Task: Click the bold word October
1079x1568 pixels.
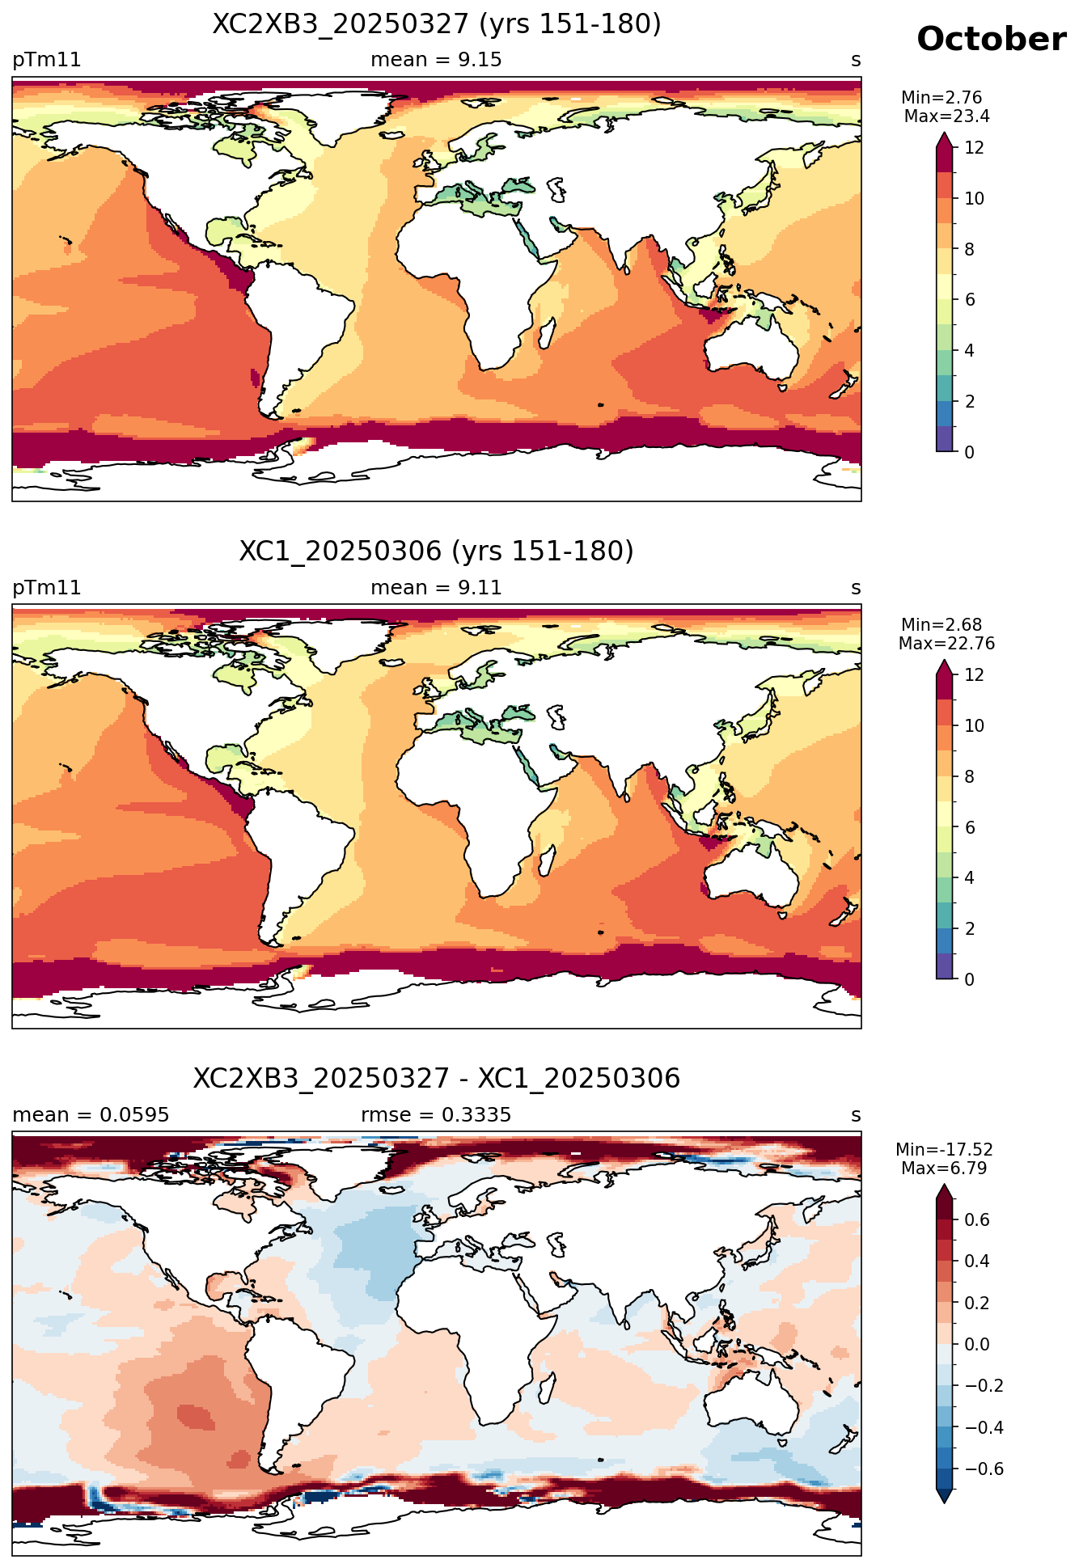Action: [991, 40]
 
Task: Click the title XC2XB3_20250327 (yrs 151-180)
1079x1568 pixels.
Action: [437, 24]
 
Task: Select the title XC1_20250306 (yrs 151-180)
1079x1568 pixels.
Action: [437, 552]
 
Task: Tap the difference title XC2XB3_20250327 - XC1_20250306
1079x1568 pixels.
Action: [437, 1079]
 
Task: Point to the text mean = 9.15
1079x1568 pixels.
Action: [436, 60]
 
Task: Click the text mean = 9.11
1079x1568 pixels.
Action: [436, 588]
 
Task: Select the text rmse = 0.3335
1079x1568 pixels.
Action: [436, 1115]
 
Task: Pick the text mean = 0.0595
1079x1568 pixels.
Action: [91, 1115]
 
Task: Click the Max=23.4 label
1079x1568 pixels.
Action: [946, 116]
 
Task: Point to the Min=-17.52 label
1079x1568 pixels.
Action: [944, 1150]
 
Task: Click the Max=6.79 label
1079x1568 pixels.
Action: [944, 1169]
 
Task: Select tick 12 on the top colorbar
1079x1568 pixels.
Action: [975, 148]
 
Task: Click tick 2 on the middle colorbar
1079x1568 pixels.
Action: [970, 929]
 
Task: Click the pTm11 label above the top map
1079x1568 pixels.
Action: [47, 60]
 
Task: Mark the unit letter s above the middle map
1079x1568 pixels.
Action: [856, 588]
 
